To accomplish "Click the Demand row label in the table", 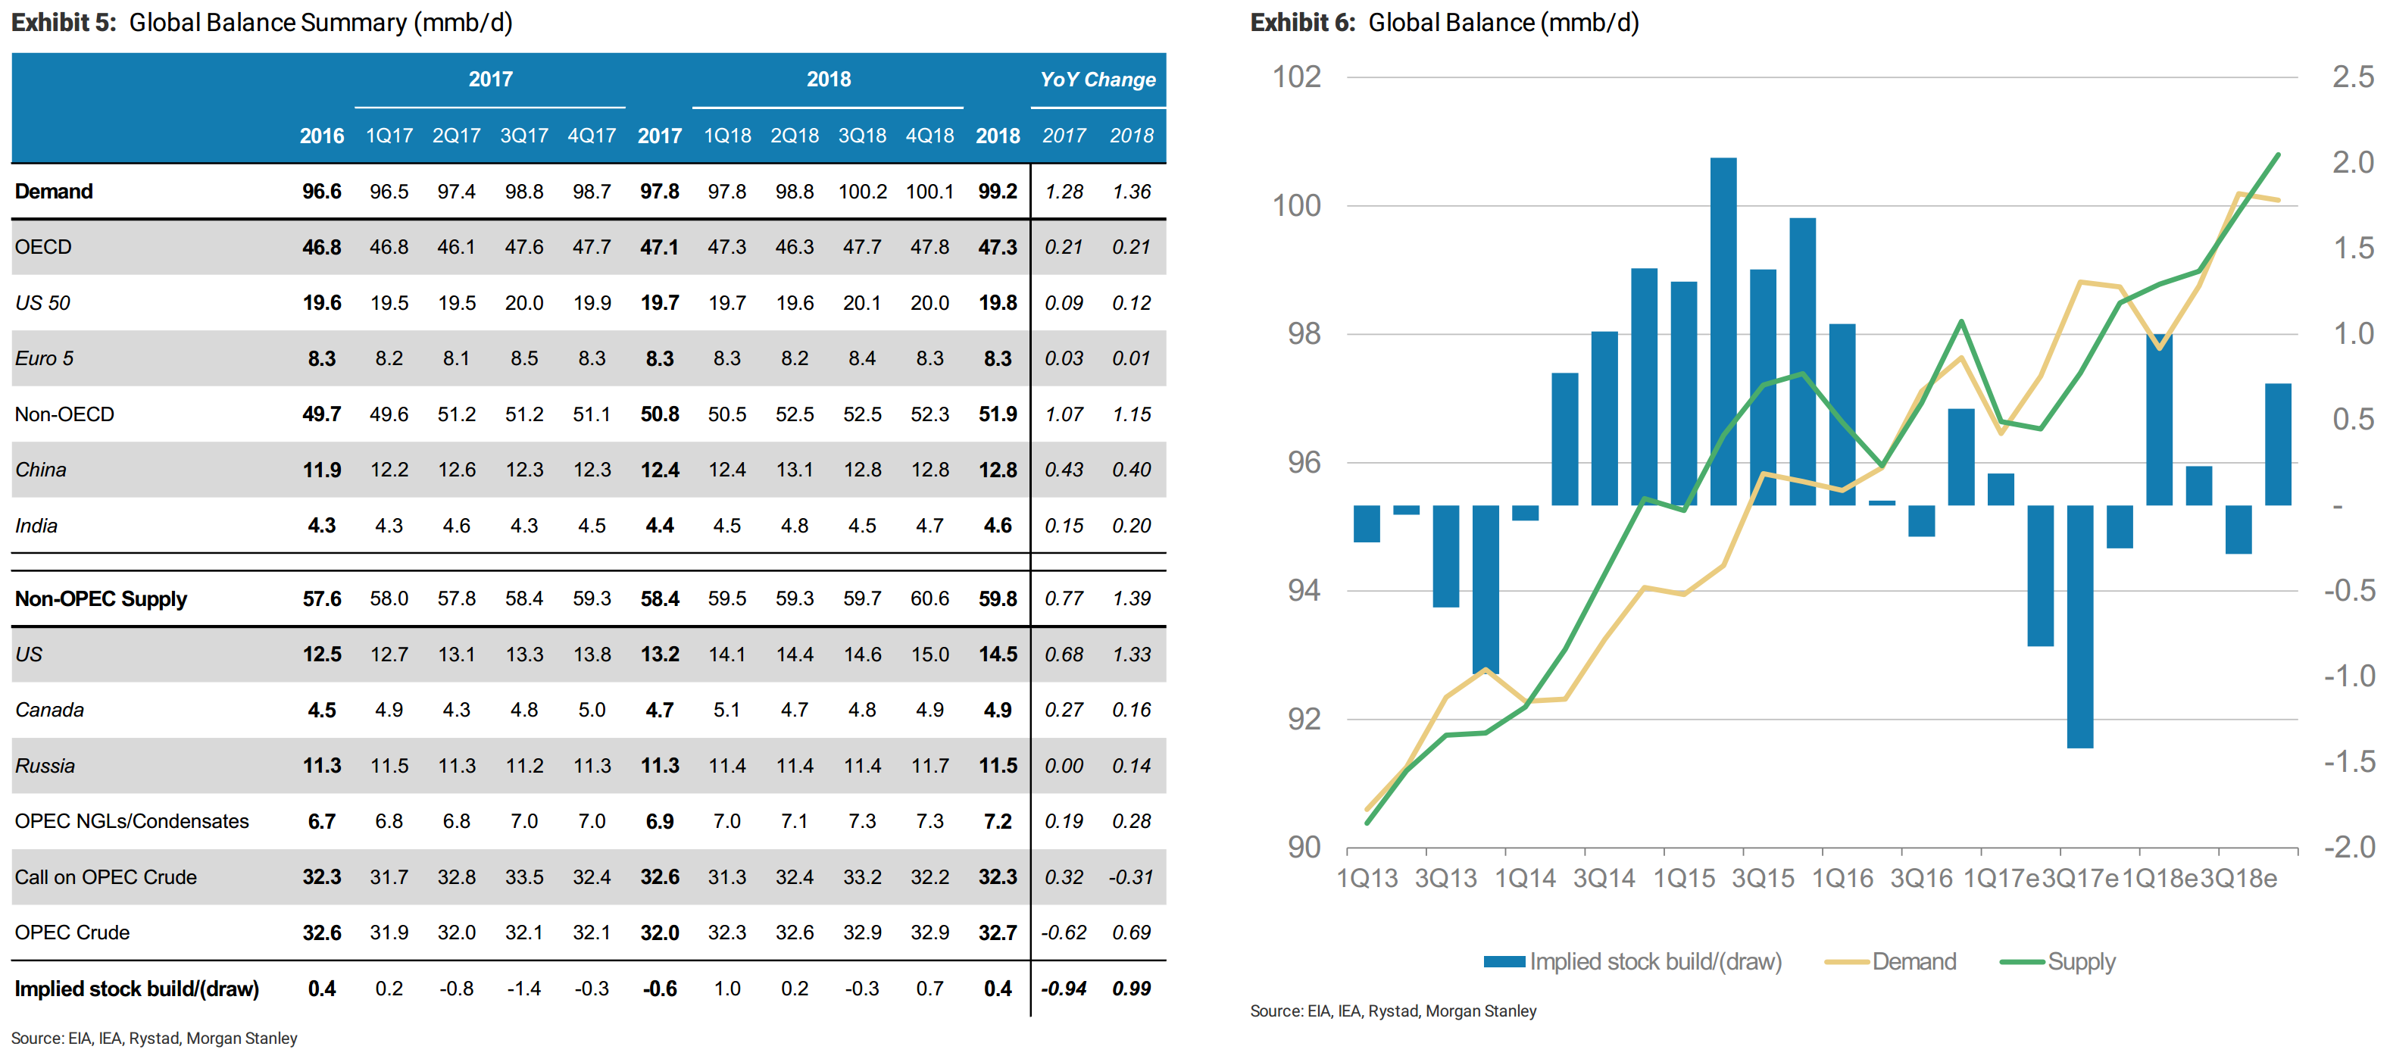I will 54,191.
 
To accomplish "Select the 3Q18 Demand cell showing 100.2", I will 862,191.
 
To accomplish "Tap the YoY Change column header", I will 1098,80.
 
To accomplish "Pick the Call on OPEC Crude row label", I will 106,877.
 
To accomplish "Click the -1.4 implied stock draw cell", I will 524,989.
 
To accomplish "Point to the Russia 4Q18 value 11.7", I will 929,766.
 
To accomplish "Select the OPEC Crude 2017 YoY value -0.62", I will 1064,932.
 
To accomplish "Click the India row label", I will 36,525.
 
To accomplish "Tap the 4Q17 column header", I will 592,136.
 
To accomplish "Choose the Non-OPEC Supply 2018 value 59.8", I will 998,598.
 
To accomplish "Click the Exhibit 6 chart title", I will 1445,22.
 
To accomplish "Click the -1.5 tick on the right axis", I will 2349,761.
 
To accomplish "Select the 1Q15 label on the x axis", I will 1684,878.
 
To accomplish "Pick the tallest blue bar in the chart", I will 1723,331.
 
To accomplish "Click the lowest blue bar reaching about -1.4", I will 2079,626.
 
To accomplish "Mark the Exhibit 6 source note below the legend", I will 1392,1011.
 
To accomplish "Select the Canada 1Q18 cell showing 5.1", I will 726,710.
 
